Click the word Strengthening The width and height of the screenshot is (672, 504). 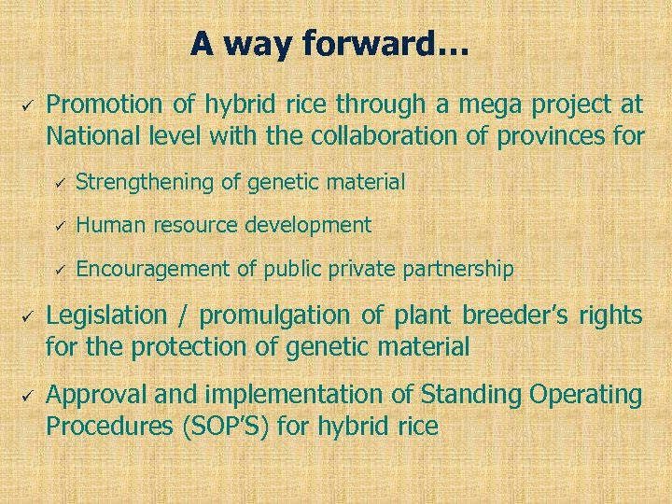[x=145, y=182]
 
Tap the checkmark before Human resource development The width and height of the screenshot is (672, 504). [x=56, y=226]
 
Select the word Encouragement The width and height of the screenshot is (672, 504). [x=152, y=270]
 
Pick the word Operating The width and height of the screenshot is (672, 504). [x=585, y=395]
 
